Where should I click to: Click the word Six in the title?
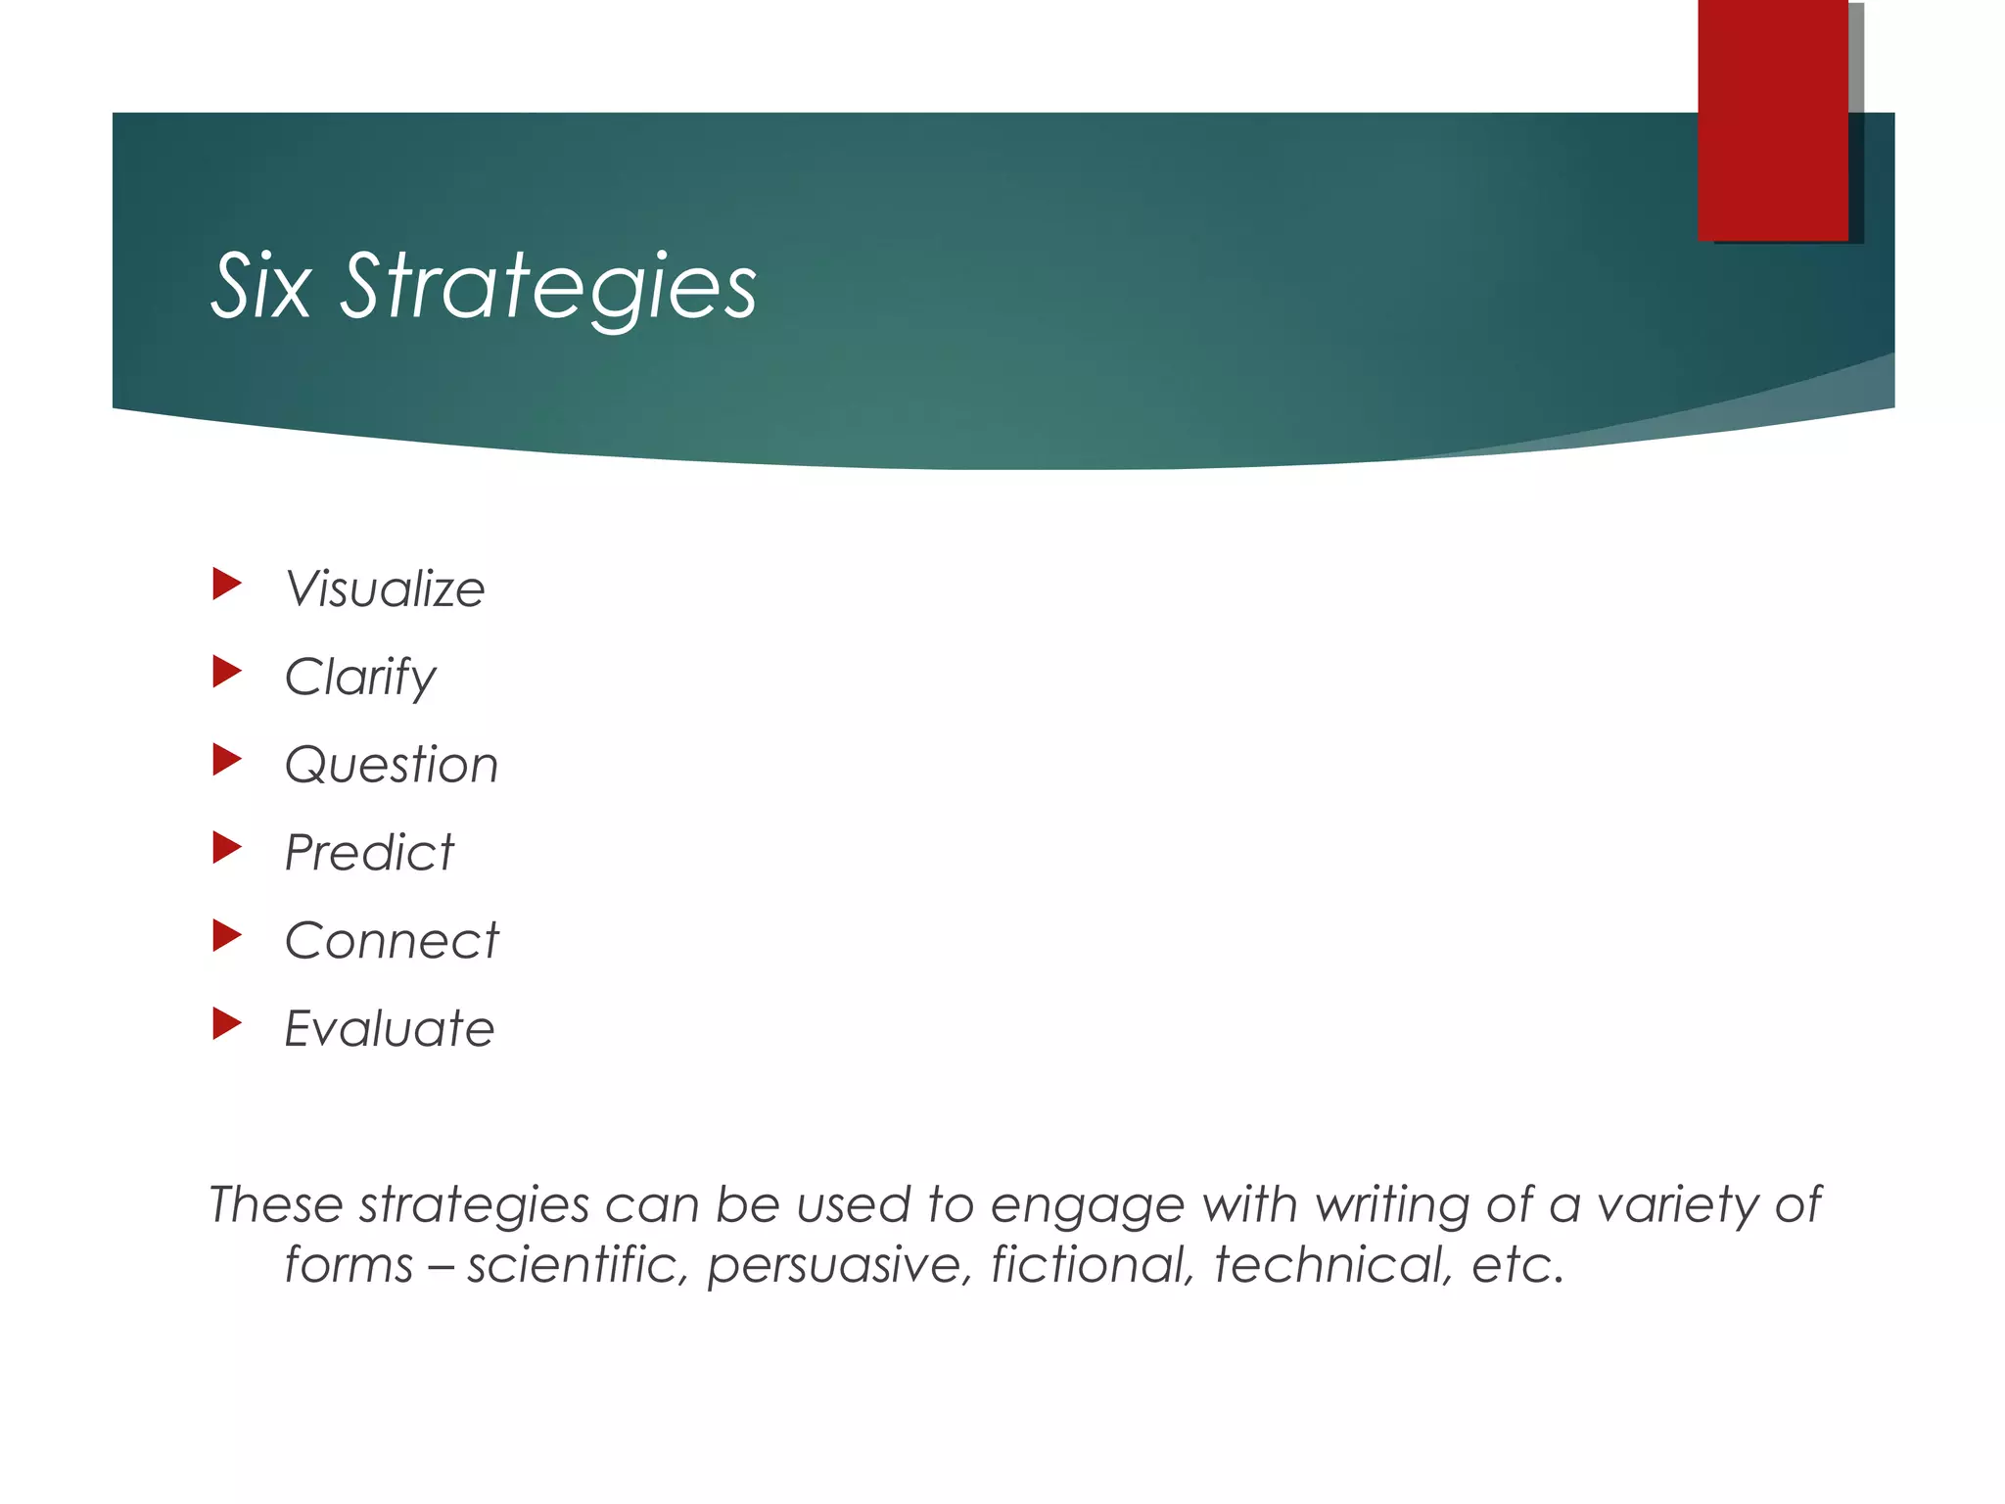pyautogui.click(x=261, y=286)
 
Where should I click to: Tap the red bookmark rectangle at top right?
pyautogui.click(x=1773, y=119)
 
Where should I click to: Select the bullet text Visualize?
pyautogui.click(x=385, y=589)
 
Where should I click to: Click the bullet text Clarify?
pyautogui.click(x=360, y=678)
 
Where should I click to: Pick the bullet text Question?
pyautogui.click(x=392, y=765)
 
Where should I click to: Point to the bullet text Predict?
pyautogui.click(x=369, y=853)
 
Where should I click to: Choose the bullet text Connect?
pyautogui.click(x=392, y=941)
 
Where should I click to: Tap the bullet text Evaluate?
pyautogui.click(x=390, y=1029)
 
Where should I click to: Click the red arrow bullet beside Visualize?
pyautogui.click(x=226, y=585)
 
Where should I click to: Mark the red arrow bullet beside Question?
pyautogui.click(x=226, y=760)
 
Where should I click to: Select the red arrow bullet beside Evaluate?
pyautogui.click(x=226, y=1024)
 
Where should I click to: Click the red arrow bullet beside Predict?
pyautogui.click(x=226, y=848)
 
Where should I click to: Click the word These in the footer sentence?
pyautogui.click(x=276, y=1204)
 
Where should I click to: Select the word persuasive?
pyautogui.click(x=839, y=1266)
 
